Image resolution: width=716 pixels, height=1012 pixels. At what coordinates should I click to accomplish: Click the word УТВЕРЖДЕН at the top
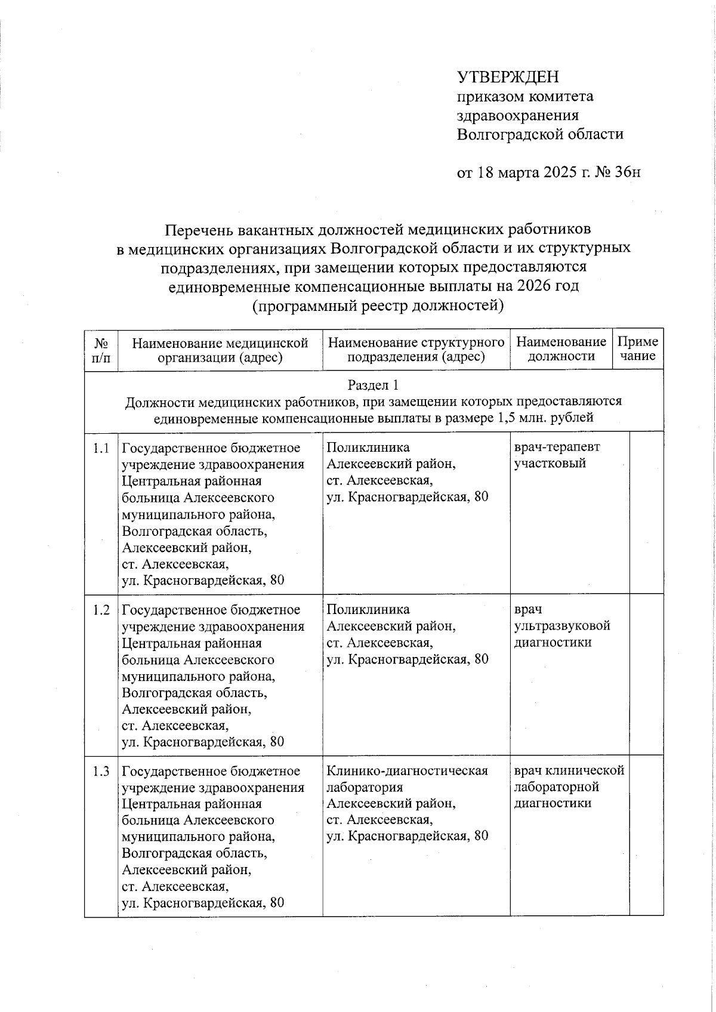coord(508,77)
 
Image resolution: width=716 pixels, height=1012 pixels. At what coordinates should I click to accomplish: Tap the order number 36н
coord(628,172)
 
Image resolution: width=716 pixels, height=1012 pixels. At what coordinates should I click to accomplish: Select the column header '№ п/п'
coord(101,350)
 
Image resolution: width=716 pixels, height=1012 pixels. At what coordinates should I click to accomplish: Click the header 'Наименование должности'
coord(561,350)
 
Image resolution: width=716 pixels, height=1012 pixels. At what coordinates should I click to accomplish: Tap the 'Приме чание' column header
coord(638,350)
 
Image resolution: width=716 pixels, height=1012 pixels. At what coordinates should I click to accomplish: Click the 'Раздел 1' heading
coord(374,385)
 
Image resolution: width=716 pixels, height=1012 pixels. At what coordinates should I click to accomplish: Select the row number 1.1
coord(101,448)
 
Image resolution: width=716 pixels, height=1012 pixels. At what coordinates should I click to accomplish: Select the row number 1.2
coord(101,610)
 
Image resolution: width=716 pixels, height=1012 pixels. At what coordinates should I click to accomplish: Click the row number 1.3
coord(101,772)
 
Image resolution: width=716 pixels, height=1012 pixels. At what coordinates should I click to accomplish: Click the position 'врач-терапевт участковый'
coord(557,455)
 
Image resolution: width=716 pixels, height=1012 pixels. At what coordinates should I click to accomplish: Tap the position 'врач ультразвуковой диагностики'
coord(561,626)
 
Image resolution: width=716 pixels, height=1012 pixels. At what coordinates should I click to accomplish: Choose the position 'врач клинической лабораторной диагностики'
coord(569,787)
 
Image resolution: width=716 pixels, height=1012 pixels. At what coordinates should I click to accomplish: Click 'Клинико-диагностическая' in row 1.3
coord(407,772)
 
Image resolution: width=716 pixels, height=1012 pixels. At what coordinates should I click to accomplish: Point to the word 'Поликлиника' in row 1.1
coord(368,448)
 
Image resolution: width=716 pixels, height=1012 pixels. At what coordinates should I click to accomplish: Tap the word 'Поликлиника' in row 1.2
coord(368,609)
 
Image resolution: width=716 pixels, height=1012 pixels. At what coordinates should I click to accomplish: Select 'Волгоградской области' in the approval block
coord(540,134)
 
